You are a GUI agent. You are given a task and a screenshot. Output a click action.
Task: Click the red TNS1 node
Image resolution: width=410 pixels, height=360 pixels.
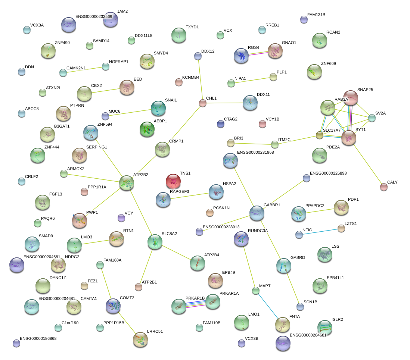[173, 181]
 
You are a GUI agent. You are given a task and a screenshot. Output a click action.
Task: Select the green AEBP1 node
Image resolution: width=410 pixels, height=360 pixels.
[147, 129]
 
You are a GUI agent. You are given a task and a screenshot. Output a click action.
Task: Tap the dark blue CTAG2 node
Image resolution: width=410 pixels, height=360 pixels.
[221, 124]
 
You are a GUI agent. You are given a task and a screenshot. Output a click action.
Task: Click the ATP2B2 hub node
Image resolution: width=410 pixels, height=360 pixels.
[127, 182]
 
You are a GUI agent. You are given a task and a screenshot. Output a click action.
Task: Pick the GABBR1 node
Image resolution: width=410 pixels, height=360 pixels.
[257, 213]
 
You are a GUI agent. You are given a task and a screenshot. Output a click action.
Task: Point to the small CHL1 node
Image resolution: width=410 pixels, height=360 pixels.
[202, 103]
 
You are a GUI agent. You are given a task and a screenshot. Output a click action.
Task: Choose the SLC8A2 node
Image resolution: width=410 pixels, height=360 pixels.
[155, 242]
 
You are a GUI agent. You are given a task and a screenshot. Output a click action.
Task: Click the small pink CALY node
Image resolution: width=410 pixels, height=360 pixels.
[383, 187]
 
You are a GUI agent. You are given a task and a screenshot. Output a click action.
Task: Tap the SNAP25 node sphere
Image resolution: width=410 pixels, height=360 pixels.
[351, 98]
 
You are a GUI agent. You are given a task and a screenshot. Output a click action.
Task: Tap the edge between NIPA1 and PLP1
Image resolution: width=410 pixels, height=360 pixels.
[252, 80]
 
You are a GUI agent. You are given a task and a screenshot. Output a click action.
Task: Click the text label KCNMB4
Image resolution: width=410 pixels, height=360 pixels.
[191, 78]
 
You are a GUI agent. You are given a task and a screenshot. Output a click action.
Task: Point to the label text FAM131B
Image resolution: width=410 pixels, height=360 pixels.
[316, 15]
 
